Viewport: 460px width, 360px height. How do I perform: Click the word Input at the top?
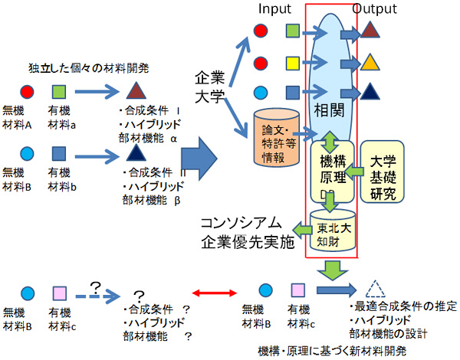[274, 8]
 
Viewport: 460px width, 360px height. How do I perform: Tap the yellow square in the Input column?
[292, 62]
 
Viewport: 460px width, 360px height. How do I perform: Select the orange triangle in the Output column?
[370, 62]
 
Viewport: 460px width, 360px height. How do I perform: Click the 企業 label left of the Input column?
[210, 79]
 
